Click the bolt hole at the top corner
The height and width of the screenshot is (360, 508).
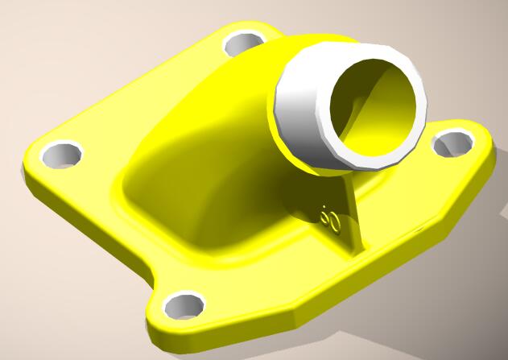click(x=244, y=42)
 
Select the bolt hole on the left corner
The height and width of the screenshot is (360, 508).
click(x=61, y=154)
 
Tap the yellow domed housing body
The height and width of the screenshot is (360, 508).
click(x=201, y=161)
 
